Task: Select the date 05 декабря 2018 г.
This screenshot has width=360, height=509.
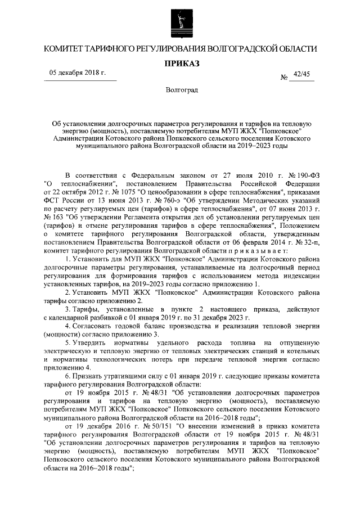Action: (77, 74)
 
